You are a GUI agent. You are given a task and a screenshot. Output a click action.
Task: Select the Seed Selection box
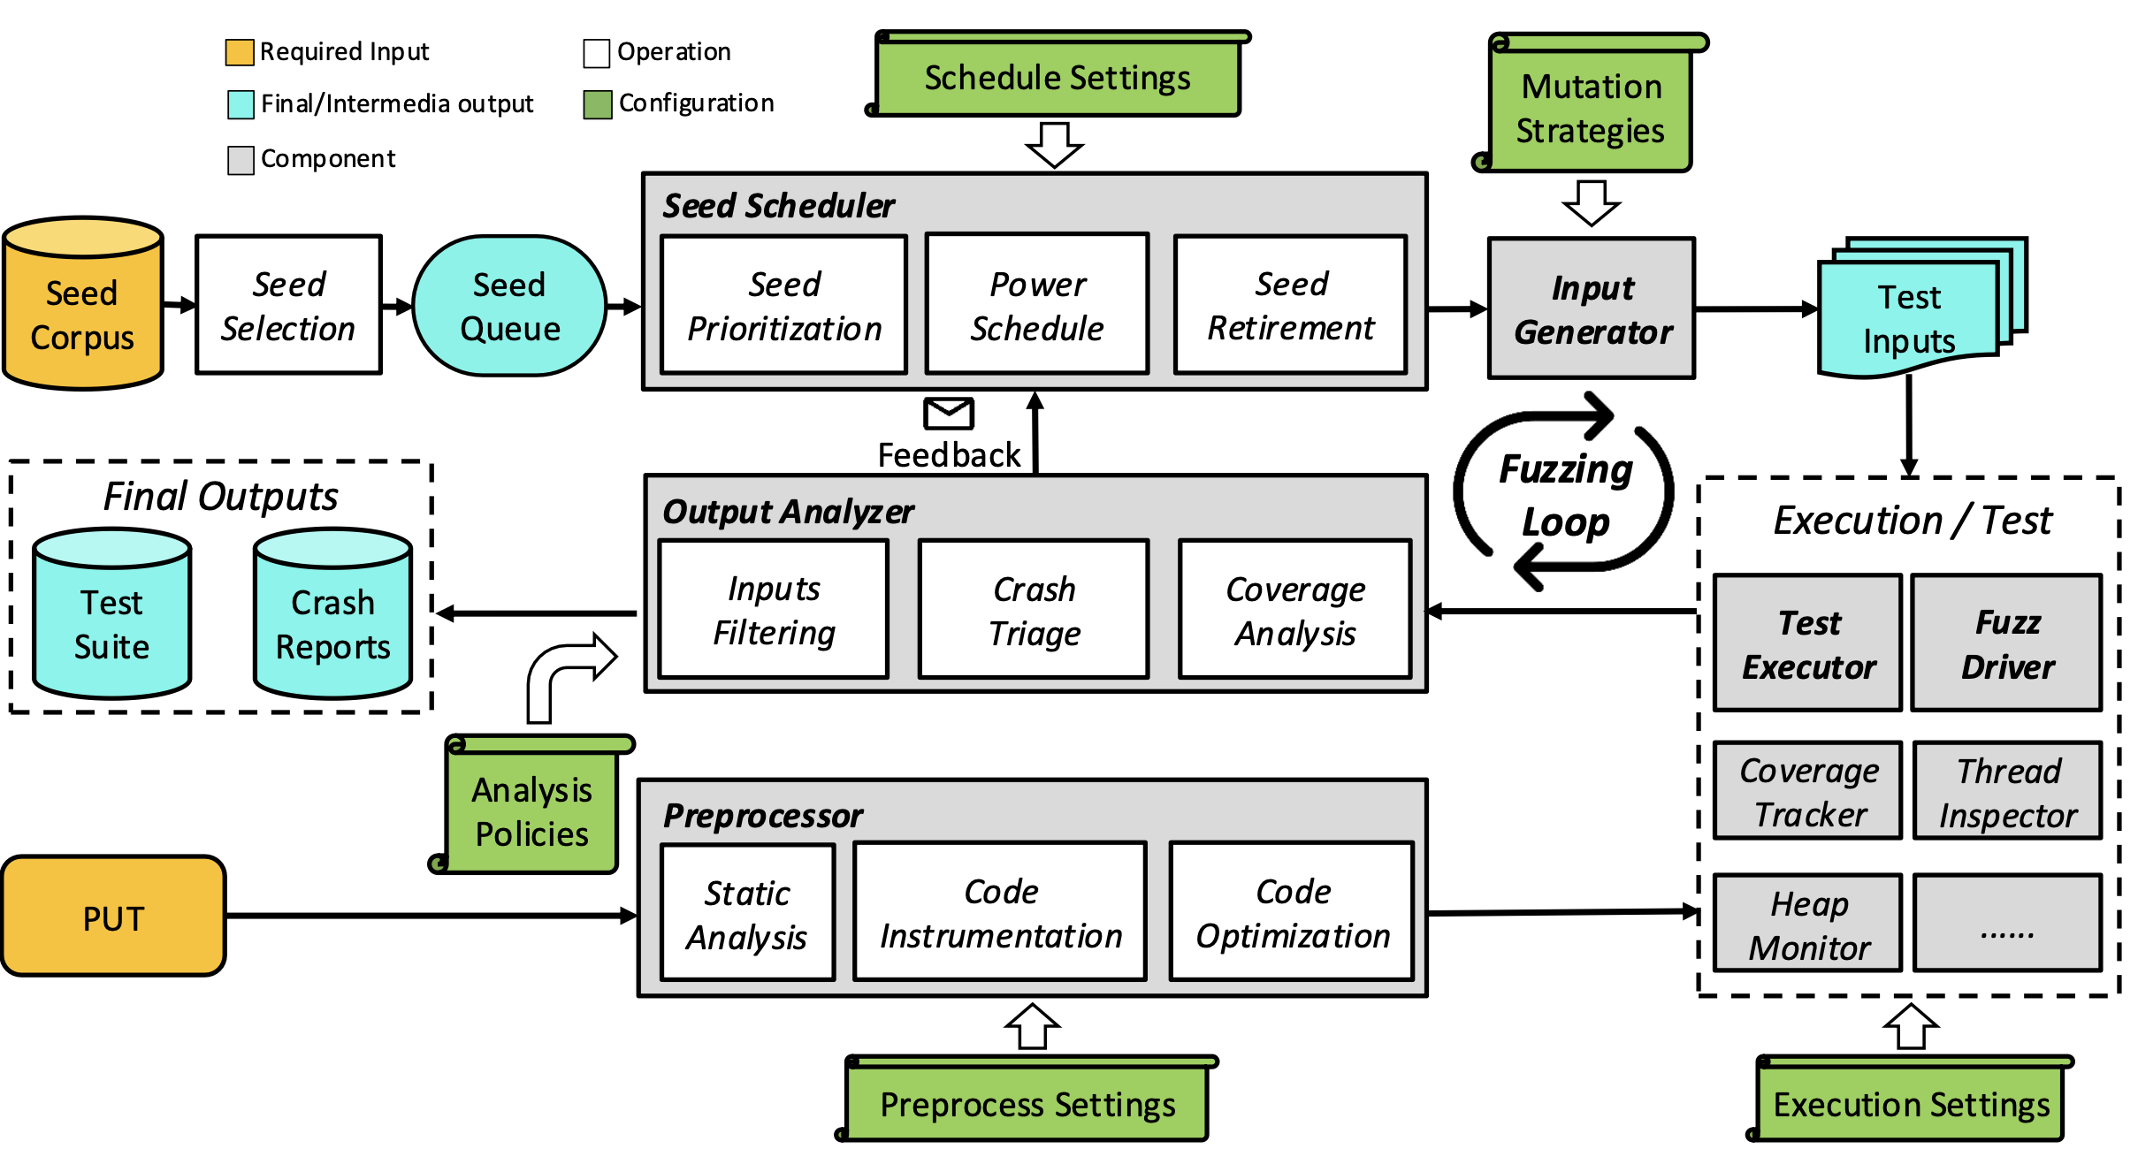(289, 305)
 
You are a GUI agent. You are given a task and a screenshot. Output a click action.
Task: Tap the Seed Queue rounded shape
(509, 306)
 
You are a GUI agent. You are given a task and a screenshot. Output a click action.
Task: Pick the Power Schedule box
(1037, 305)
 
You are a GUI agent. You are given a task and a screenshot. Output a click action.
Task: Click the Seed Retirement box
(1291, 305)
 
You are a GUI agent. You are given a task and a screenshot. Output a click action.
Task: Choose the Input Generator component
(1592, 308)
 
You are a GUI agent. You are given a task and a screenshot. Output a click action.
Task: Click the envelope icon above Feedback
(949, 413)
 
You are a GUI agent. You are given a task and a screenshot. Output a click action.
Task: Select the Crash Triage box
(1034, 610)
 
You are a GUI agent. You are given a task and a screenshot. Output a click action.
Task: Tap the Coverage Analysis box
(1295, 610)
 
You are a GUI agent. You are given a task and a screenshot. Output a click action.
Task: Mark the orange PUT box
(113, 917)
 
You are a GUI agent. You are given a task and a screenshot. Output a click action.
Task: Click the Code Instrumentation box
(1000, 913)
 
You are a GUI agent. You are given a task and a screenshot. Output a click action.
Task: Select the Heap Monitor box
(1808, 924)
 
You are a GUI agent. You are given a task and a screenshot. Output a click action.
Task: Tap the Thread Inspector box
(2008, 792)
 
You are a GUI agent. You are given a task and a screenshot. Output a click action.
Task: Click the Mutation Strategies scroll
(1590, 106)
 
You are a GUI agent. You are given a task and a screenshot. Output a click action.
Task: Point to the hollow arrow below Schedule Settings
(1054, 145)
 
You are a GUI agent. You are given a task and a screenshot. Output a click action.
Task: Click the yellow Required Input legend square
(240, 52)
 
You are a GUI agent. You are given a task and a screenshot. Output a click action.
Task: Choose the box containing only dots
(2008, 924)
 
